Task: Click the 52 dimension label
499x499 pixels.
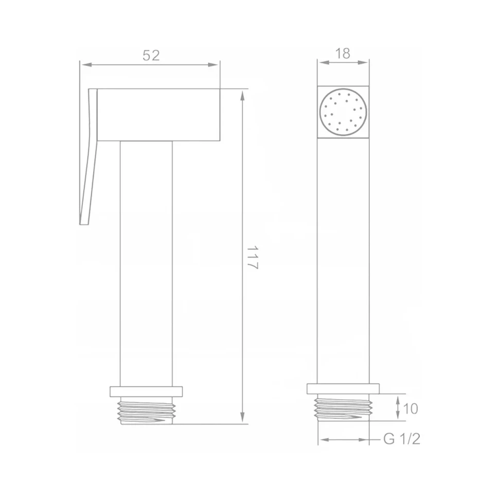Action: [151, 56]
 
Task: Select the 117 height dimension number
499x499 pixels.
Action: [253, 257]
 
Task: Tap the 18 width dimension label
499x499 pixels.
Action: [343, 54]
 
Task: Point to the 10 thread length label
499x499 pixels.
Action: [410, 408]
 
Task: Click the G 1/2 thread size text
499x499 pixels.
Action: [402, 439]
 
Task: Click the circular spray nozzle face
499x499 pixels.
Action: [343, 112]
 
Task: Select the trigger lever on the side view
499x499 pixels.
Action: [88, 156]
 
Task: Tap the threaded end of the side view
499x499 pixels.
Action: [147, 411]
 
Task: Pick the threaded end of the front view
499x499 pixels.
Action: [343, 407]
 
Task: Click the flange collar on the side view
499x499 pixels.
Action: [147, 392]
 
